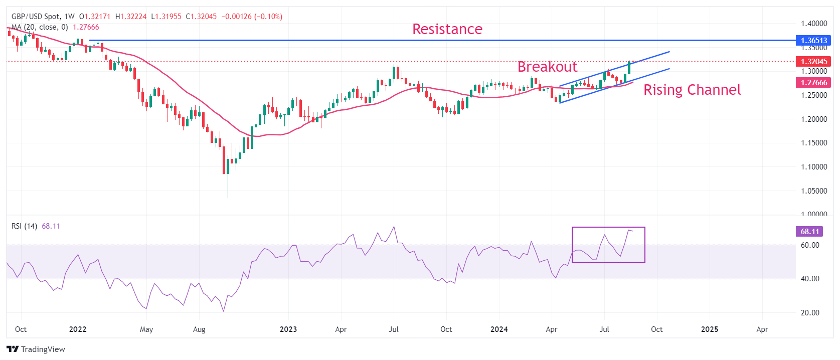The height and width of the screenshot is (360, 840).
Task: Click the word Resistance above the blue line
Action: [447, 29]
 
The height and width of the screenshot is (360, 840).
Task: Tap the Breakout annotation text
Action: [547, 67]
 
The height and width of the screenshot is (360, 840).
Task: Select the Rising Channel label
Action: [692, 90]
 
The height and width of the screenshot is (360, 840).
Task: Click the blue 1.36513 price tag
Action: [813, 41]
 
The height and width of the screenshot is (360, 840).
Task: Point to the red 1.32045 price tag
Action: [813, 62]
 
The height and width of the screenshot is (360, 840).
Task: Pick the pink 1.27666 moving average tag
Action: [813, 83]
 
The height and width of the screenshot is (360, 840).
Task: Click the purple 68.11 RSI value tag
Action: [809, 232]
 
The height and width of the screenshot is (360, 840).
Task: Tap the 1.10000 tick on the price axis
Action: [813, 167]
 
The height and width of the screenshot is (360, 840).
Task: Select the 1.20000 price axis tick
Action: [813, 119]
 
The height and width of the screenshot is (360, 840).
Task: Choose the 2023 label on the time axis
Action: [288, 329]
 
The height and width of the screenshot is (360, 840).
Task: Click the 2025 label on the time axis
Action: [709, 329]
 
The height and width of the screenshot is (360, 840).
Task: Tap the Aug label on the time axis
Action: [199, 329]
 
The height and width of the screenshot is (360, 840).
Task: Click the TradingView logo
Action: [36, 349]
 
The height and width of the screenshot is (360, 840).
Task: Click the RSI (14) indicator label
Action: [24, 226]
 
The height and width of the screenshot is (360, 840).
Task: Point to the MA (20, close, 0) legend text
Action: [40, 27]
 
